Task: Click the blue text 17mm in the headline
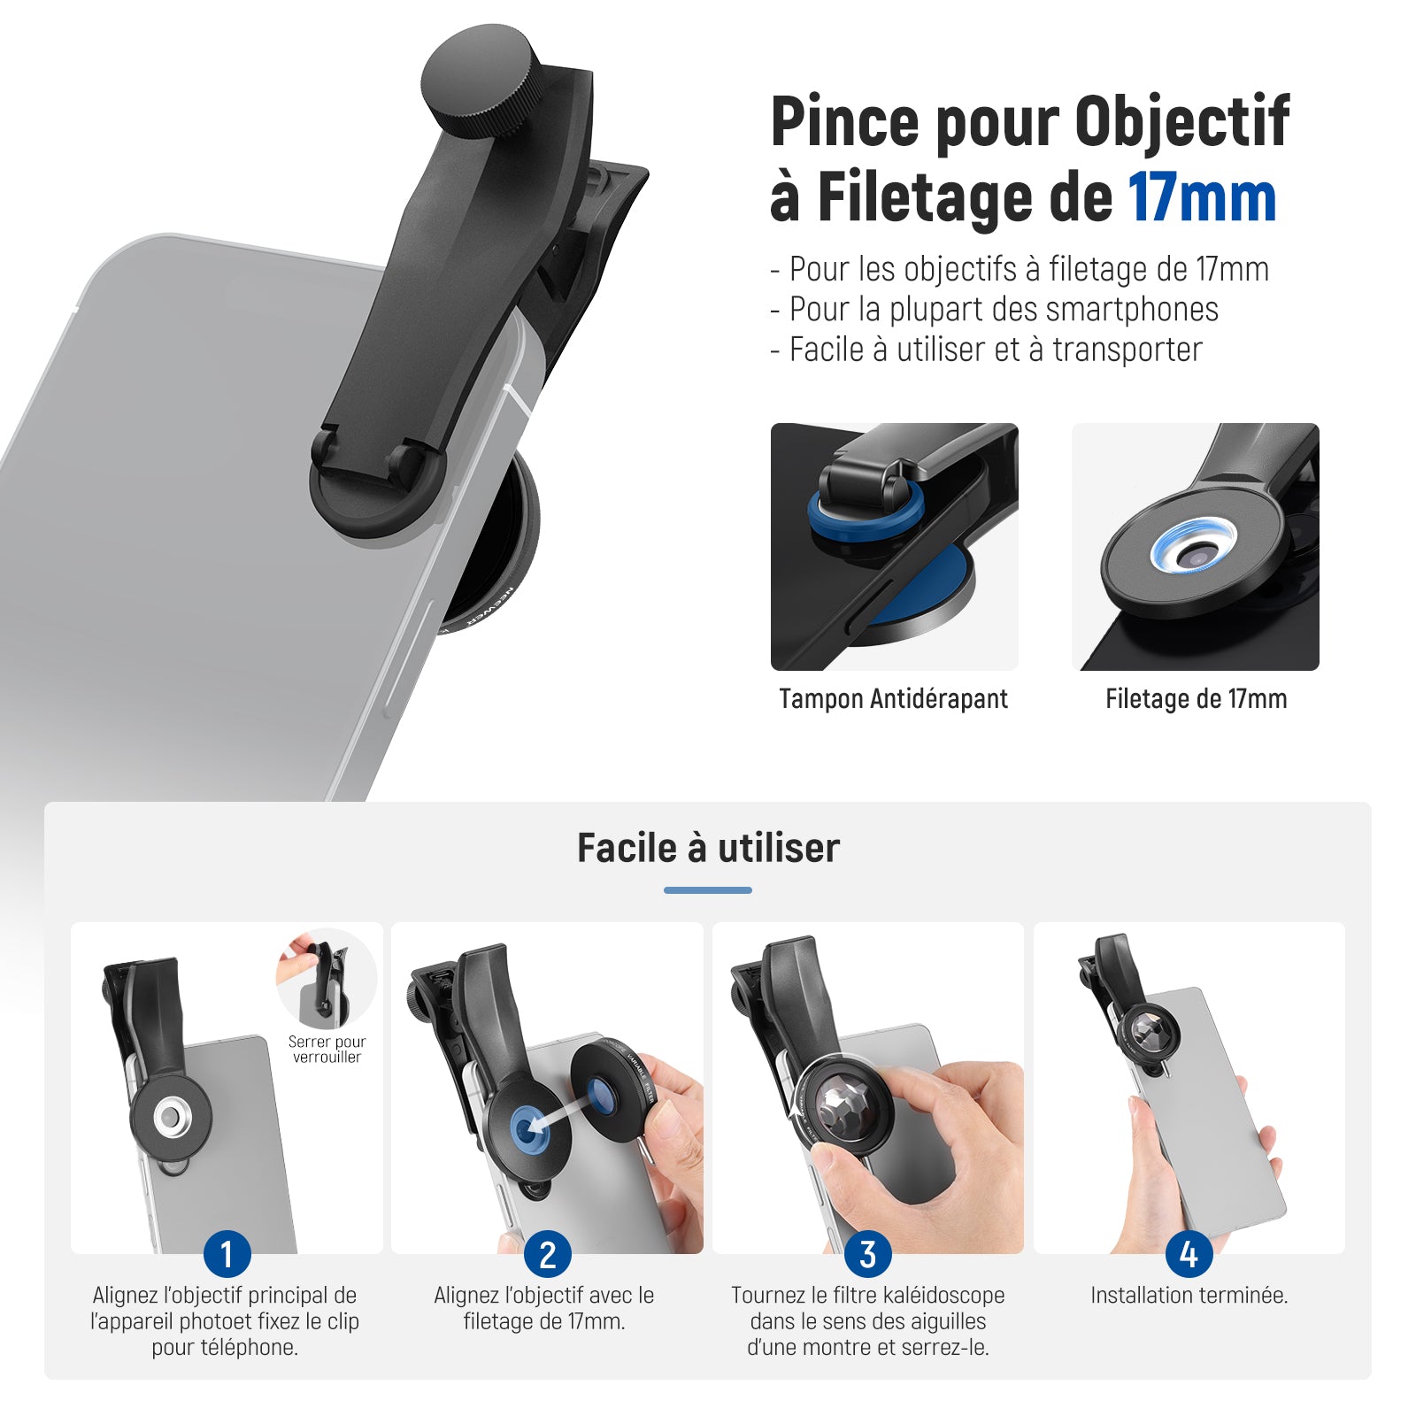1202,198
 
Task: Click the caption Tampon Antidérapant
893,699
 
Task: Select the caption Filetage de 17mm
1196,699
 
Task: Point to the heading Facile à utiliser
708,848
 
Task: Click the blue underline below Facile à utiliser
708,890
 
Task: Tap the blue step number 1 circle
227,1254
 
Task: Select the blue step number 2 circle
548,1254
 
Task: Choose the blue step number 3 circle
868,1254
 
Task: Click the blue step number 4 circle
1189,1254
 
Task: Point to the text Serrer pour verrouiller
327,1050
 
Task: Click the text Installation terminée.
1189,1296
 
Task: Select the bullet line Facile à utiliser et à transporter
986,350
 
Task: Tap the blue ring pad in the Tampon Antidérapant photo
866,512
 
